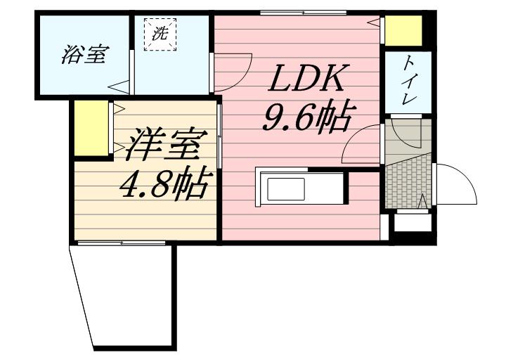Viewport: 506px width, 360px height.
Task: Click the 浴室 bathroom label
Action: pos(84,56)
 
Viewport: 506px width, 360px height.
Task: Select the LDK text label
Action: pos(305,79)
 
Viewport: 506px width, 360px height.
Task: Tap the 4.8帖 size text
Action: pos(163,185)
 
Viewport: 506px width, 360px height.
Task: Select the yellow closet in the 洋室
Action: pos(90,128)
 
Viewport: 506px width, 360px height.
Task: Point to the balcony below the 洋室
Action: pos(125,295)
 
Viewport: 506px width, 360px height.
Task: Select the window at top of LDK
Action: pos(302,12)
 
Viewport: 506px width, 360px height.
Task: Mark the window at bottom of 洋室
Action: pos(122,243)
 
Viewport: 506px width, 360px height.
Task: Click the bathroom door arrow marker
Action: pos(119,87)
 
